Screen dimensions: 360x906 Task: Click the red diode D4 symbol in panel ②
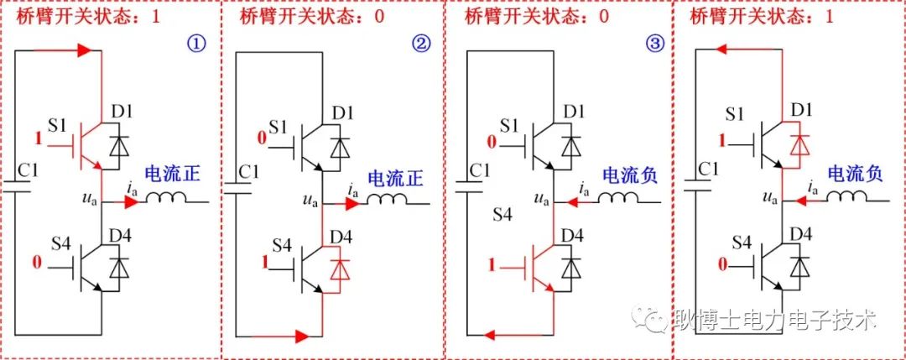[341, 268]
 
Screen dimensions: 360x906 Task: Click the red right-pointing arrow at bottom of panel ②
[301, 337]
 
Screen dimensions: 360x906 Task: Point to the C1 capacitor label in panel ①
[30, 172]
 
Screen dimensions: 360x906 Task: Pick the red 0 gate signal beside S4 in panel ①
[36, 266]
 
